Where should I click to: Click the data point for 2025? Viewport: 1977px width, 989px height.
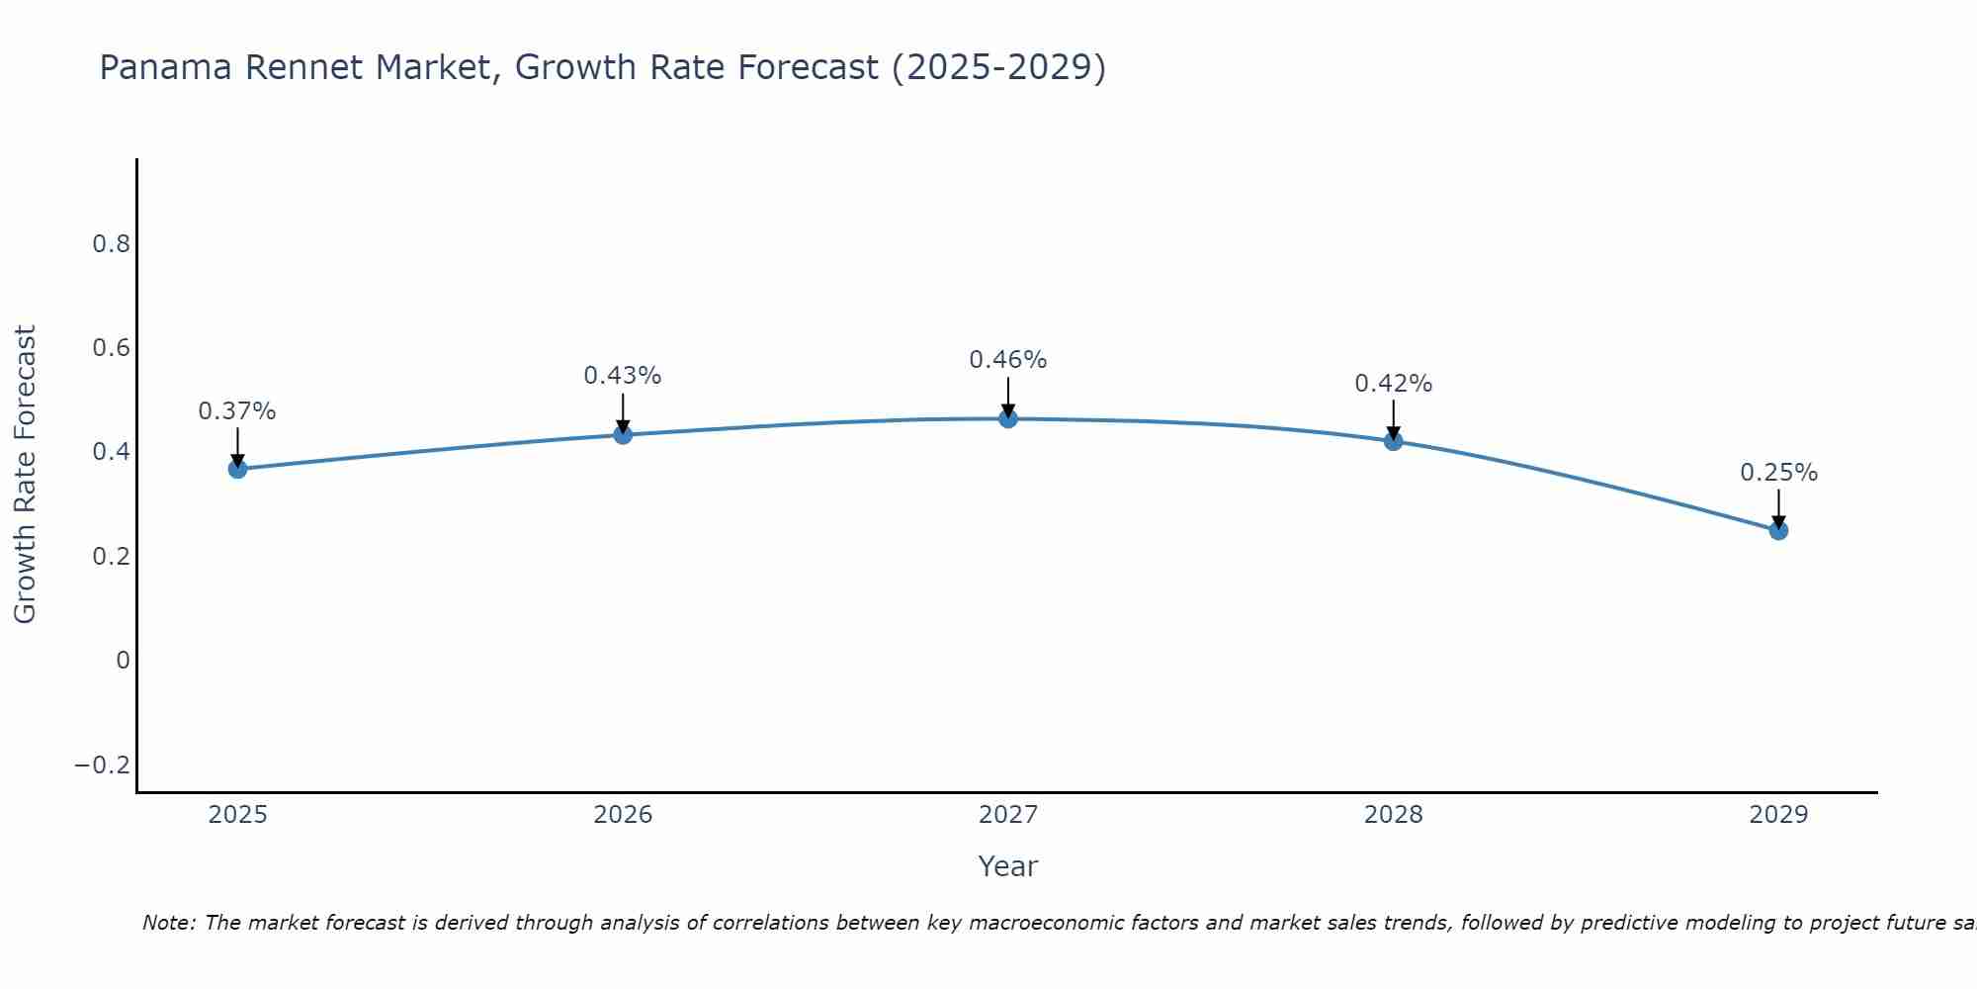[x=237, y=469]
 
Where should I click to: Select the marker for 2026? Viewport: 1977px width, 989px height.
[x=623, y=434]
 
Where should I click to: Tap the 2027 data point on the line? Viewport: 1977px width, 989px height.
[x=1008, y=419]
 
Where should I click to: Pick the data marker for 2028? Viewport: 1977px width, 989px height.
[x=1394, y=441]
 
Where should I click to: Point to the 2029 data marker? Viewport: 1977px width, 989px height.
[x=1778, y=531]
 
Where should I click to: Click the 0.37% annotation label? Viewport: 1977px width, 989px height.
[x=237, y=411]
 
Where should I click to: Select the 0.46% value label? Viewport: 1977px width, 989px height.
[x=1008, y=360]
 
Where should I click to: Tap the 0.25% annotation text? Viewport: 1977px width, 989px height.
[x=1778, y=473]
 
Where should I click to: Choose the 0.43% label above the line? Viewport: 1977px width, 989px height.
[x=623, y=376]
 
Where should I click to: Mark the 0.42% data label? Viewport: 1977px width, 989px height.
[x=1394, y=384]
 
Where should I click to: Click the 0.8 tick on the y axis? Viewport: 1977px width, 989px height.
[x=112, y=244]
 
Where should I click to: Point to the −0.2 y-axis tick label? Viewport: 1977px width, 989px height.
[x=103, y=765]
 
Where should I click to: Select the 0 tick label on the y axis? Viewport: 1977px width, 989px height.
[x=123, y=661]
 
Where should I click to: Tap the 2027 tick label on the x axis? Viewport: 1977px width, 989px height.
[x=1008, y=815]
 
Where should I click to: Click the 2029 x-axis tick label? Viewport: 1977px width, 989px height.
[x=1778, y=815]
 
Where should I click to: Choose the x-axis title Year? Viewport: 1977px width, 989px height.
[x=1008, y=867]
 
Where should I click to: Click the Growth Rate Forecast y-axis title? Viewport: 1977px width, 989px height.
[x=25, y=475]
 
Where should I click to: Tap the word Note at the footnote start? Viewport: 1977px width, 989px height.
[x=169, y=924]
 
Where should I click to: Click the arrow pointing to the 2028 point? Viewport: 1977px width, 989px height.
[x=1394, y=419]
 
